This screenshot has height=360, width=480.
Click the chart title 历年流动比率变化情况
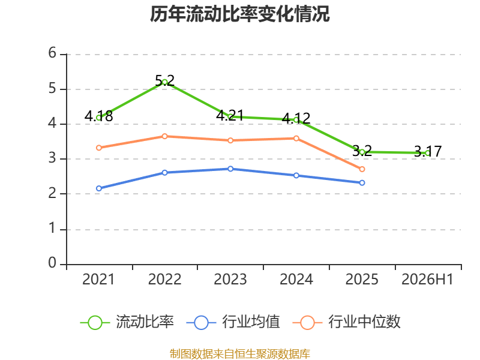(239, 14)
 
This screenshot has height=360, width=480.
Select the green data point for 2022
(164, 82)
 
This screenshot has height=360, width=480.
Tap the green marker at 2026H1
(428, 153)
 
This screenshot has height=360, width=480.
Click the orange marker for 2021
(99, 148)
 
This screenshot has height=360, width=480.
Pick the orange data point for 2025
(362, 169)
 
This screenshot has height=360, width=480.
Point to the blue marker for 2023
(230, 169)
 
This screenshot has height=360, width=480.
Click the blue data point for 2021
(99, 188)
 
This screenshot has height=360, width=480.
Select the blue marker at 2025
(362, 183)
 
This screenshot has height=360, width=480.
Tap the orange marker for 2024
(296, 139)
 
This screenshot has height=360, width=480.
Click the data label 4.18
(98, 116)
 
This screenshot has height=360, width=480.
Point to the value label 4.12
(296, 118)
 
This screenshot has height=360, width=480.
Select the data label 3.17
(428, 152)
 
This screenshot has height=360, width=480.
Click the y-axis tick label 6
(52, 53)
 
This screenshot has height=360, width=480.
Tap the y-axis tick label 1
(52, 228)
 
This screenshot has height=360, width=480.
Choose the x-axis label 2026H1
(427, 279)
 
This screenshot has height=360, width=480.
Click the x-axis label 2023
(230, 279)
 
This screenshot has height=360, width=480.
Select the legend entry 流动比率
(127, 322)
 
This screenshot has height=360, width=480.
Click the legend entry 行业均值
(233, 322)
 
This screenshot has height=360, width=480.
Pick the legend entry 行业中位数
(346, 322)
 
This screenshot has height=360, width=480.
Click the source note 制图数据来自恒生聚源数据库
(240, 353)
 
